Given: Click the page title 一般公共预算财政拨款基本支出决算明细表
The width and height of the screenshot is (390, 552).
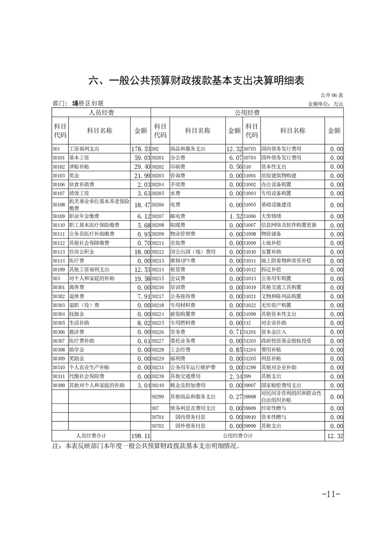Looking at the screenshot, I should [x=195, y=81].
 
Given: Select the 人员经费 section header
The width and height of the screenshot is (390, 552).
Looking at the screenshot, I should [x=101, y=113].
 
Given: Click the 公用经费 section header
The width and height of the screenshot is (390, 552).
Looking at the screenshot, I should [x=247, y=113].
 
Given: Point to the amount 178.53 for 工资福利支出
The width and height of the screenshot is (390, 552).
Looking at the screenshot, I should [x=140, y=149].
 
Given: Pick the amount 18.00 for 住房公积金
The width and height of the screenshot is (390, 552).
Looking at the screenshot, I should [x=140, y=252].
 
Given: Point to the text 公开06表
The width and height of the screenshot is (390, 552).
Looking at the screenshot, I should [x=332, y=94].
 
